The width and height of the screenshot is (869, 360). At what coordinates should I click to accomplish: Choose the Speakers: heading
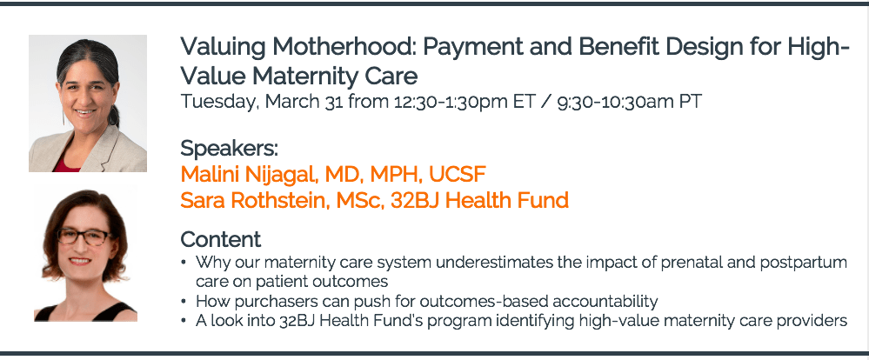(x=229, y=149)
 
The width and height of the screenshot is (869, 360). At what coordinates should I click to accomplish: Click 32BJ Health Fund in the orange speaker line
(x=479, y=200)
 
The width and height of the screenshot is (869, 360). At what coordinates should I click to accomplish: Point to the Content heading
(x=221, y=240)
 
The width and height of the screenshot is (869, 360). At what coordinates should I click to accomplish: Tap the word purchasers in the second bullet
(x=274, y=302)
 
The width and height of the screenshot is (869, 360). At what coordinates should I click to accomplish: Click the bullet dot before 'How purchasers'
(x=184, y=303)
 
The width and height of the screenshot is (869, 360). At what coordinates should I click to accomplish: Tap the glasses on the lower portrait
(x=84, y=237)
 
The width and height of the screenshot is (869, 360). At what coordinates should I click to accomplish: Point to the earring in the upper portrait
(x=63, y=117)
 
